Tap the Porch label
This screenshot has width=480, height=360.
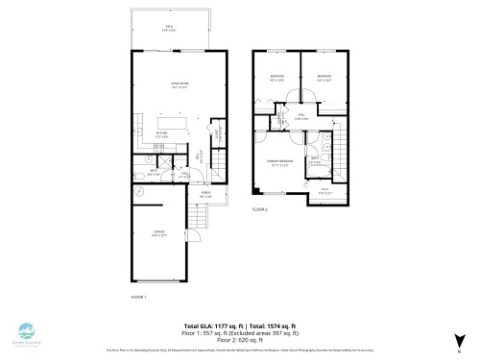[x=205, y=196]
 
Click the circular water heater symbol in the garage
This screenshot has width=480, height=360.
[x=142, y=192]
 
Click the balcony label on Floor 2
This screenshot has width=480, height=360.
[x=324, y=189]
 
